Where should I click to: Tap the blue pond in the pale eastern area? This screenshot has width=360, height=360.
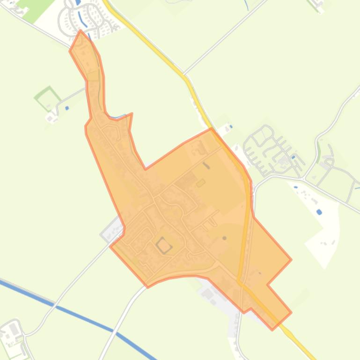click(319, 160)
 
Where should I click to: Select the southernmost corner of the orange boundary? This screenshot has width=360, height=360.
click(272, 329)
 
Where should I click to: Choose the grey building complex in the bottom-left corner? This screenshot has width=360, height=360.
click(13, 333)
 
